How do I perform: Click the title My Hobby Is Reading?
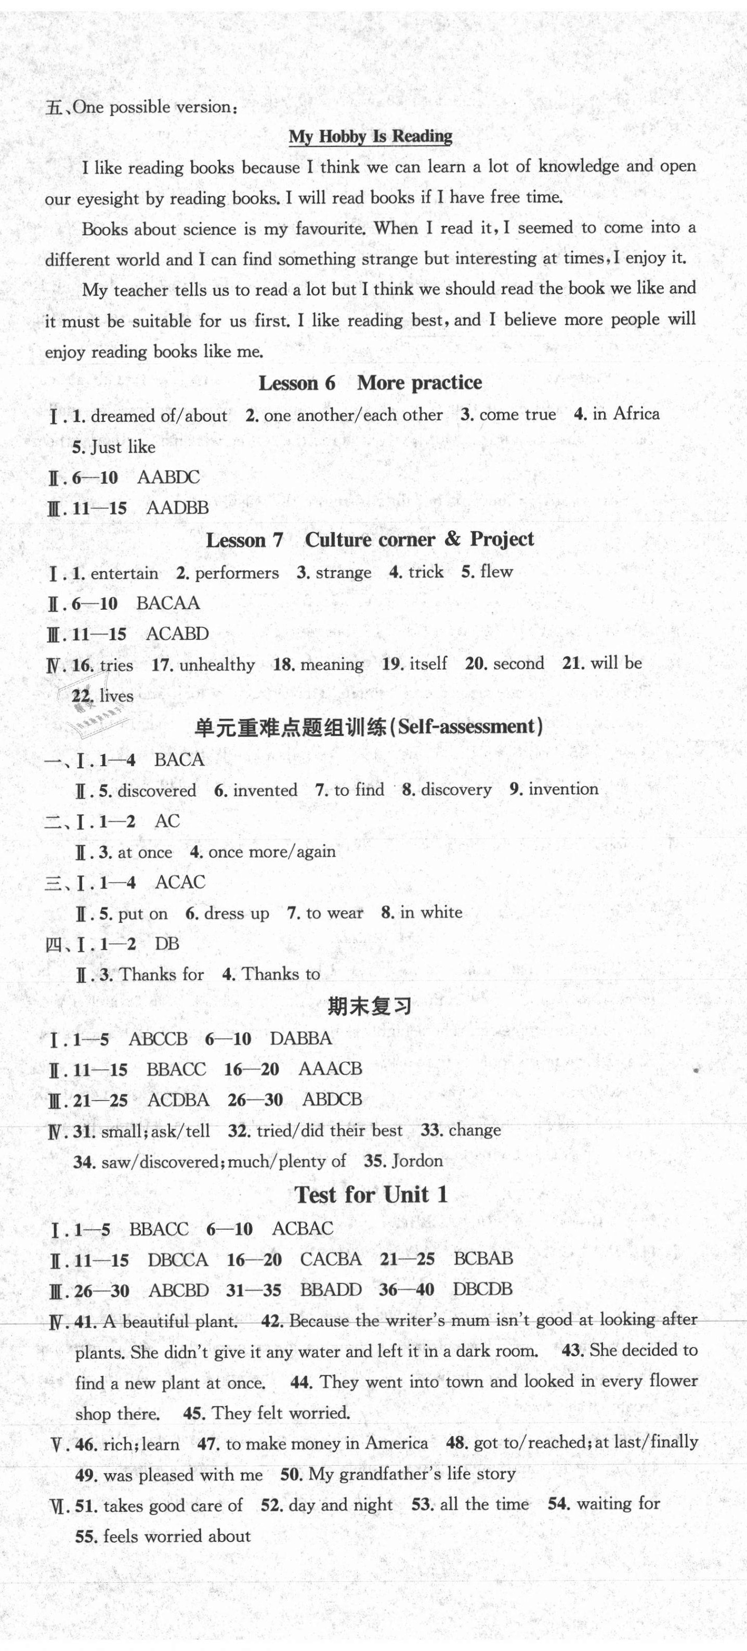370,136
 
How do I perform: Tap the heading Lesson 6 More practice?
370,383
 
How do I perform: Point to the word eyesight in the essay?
108,199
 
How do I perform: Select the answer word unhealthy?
217,665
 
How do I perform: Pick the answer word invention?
564,789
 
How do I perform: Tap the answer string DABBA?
301,1038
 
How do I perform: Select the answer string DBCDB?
482,1289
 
